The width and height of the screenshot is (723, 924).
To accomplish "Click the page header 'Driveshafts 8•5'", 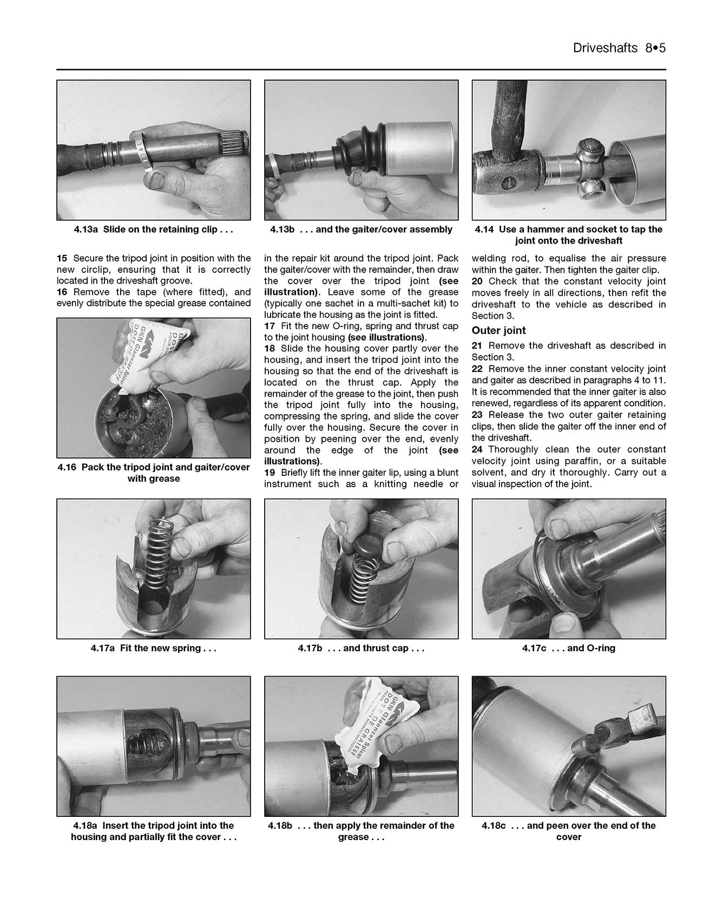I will (x=619, y=48).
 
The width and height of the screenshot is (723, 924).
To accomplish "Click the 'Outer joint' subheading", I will (x=498, y=331).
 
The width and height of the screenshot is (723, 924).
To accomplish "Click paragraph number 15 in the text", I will (x=62, y=258).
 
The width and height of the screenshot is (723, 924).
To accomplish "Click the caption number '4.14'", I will (x=484, y=230).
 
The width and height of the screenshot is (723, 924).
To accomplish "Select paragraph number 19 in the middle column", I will (x=270, y=473).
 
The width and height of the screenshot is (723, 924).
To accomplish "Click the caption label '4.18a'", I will (x=86, y=825).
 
